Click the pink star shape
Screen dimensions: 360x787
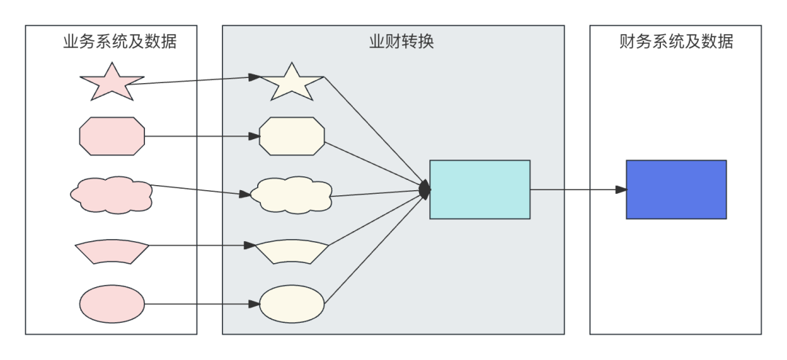(x=111, y=83)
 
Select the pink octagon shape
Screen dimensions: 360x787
(x=111, y=136)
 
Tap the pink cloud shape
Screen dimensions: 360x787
(x=111, y=195)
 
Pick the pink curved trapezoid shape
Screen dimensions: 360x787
(x=111, y=251)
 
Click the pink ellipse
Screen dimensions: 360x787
(x=111, y=304)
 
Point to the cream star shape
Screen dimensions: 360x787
(x=291, y=83)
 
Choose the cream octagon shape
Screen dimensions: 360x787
(x=291, y=136)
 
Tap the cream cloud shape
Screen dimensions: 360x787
(x=291, y=195)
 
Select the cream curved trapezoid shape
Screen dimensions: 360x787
(x=291, y=251)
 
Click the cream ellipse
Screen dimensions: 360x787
(x=291, y=304)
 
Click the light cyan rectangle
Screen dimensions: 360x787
(x=479, y=189)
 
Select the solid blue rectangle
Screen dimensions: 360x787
(x=676, y=189)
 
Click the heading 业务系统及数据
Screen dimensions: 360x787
(x=120, y=42)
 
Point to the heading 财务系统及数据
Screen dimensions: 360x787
(x=676, y=42)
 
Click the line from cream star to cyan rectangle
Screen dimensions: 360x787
(x=373, y=131)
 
